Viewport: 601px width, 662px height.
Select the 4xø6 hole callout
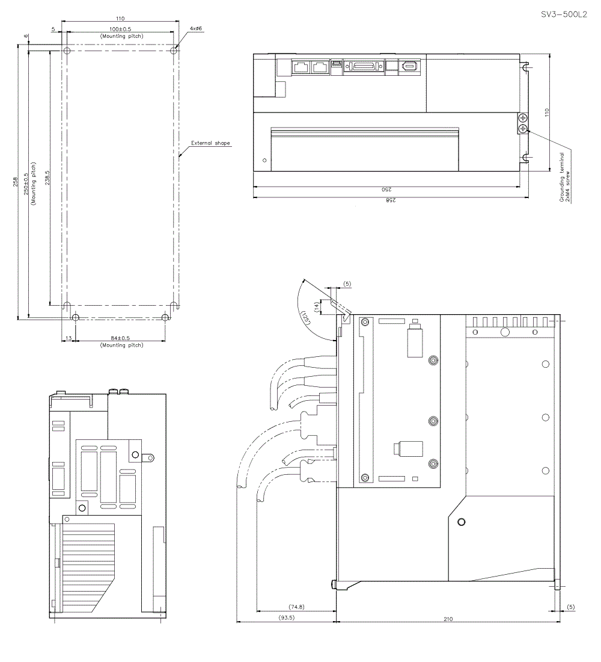(x=195, y=29)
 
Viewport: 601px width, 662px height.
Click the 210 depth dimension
(x=448, y=618)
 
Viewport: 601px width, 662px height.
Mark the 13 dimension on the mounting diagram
(x=69, y=338)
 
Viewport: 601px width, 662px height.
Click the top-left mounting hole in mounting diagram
(x=67, y=51)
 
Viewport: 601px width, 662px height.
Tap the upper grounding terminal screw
(x=523, y=119)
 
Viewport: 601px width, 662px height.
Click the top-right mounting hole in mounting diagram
(x=174, y=51)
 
